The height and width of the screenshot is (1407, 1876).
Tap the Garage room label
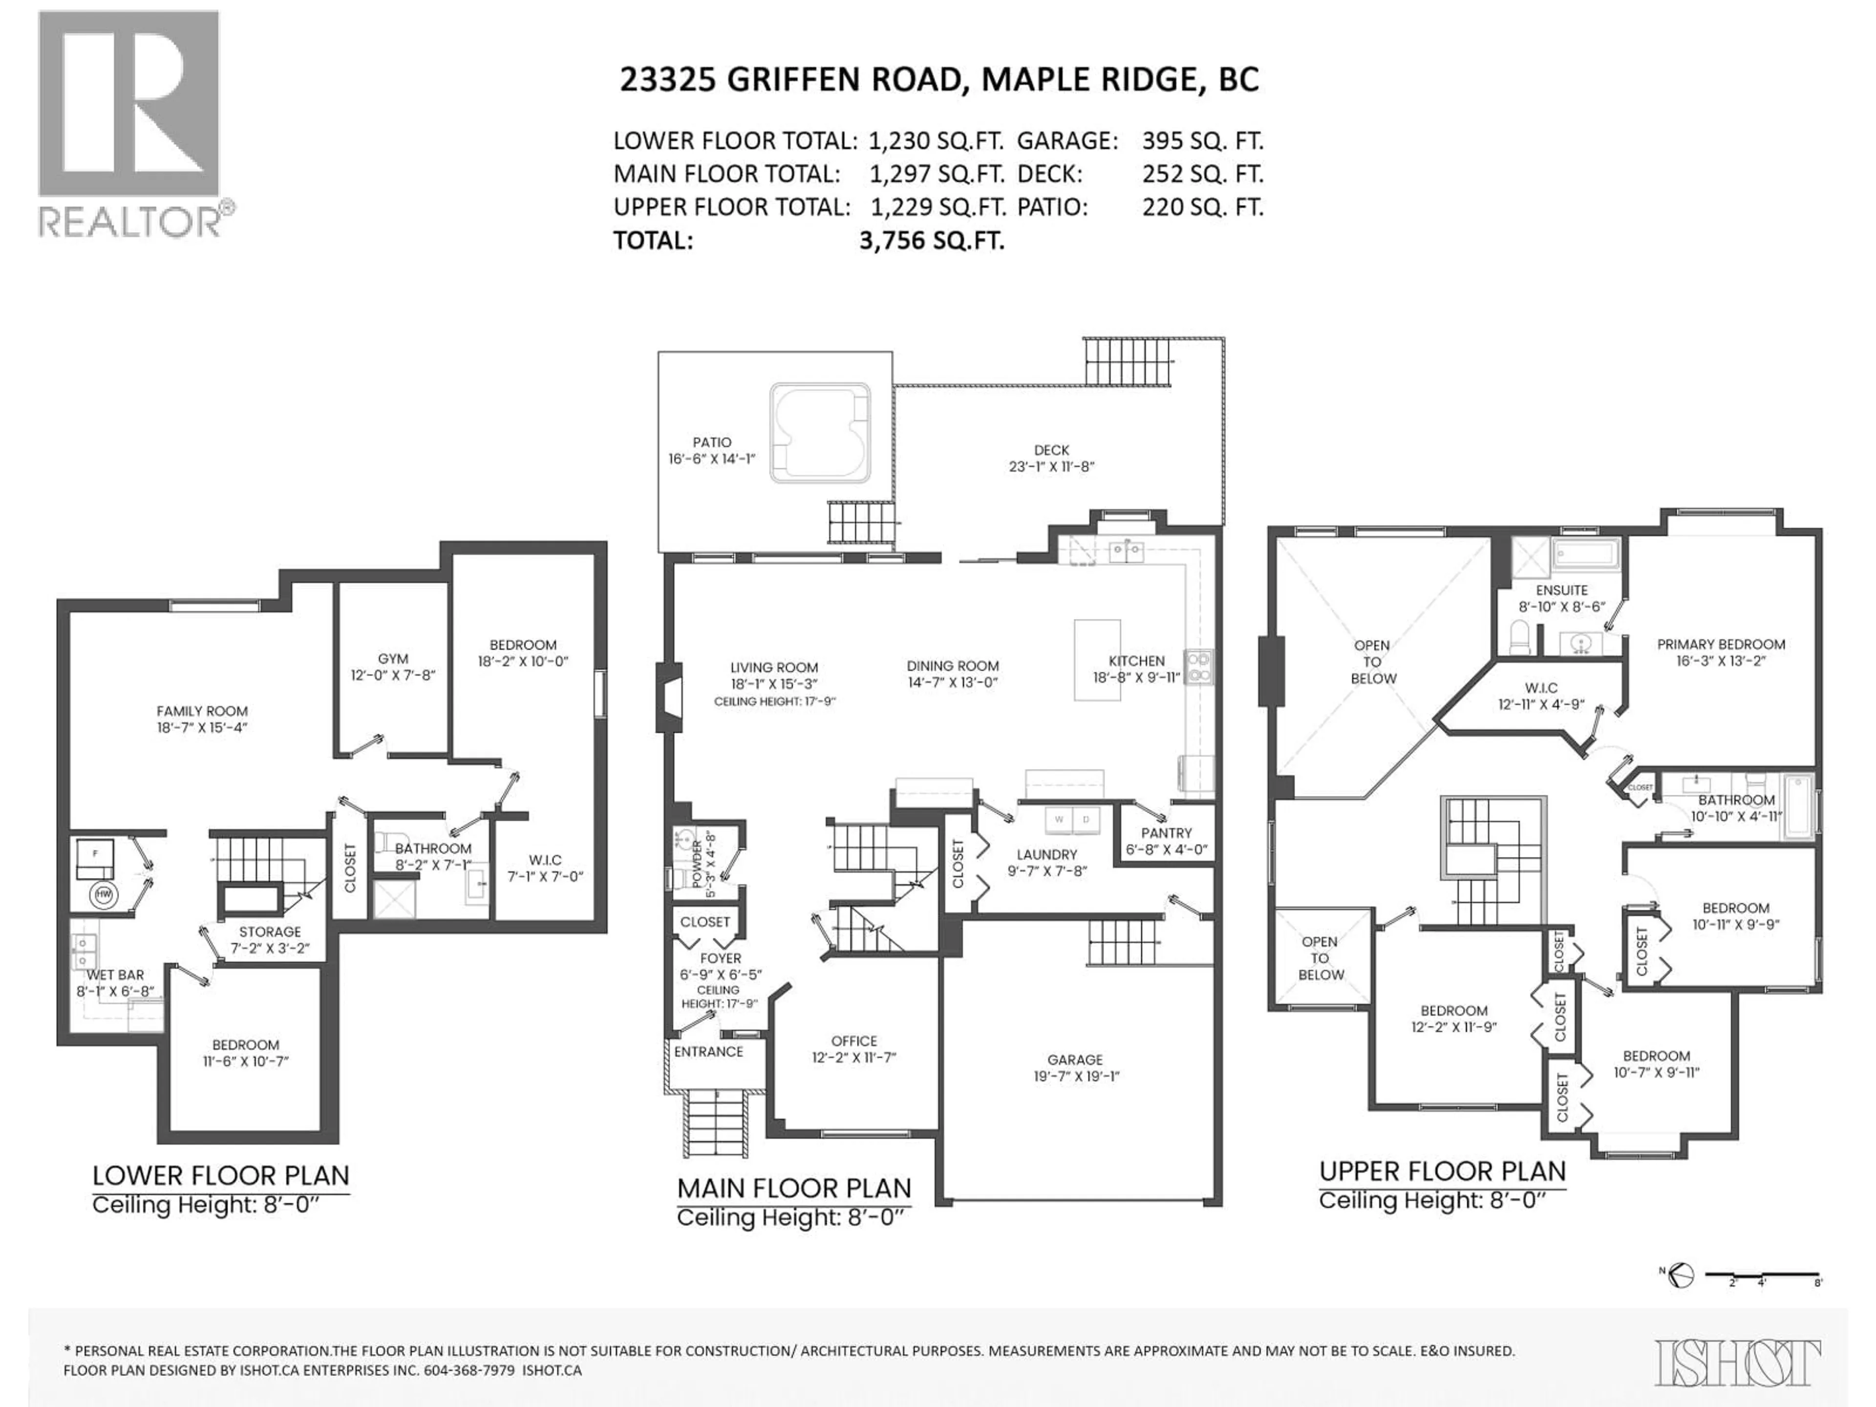click(1074, 1059)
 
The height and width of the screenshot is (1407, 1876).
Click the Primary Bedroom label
click(1721, 644)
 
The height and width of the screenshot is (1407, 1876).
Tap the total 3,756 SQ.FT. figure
click(931, 241)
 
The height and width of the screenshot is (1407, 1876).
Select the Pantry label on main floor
click(1166, 833)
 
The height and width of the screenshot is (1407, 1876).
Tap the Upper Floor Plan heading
click(1442, 1171)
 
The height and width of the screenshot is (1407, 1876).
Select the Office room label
click(853, 1041)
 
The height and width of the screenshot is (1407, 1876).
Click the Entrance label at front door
click(708, 1052)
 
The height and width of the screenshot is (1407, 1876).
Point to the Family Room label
click(202, 711)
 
